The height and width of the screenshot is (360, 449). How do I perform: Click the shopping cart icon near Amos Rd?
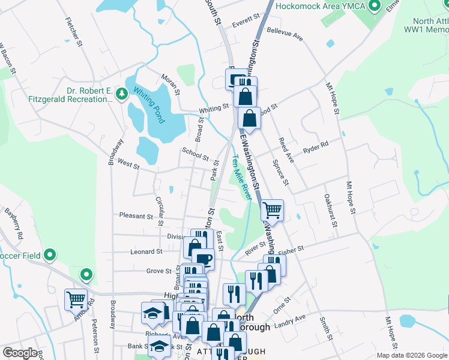pyautogui.click(x=76, y=299)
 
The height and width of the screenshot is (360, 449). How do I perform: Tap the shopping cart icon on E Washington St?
pyautogui.click(x=272, y=210)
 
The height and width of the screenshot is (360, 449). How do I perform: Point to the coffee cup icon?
pyautogui.click(x=203, y=259)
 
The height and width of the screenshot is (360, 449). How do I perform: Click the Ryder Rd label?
pyautogui.click(x=316, y=146)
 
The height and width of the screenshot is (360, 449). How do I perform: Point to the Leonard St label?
pyautogui.click(x=146, y=252)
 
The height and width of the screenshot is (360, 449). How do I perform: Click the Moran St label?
pyautogui.click(x=170, y=85)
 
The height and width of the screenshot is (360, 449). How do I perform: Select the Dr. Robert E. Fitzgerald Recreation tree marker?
pyautogui.click(x=122, y=94)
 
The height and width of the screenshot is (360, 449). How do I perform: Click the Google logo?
pyautogui.click(x=20, y=353)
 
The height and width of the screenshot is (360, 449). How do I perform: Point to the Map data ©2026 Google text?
pyautogui.click(x=412, y=355)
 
